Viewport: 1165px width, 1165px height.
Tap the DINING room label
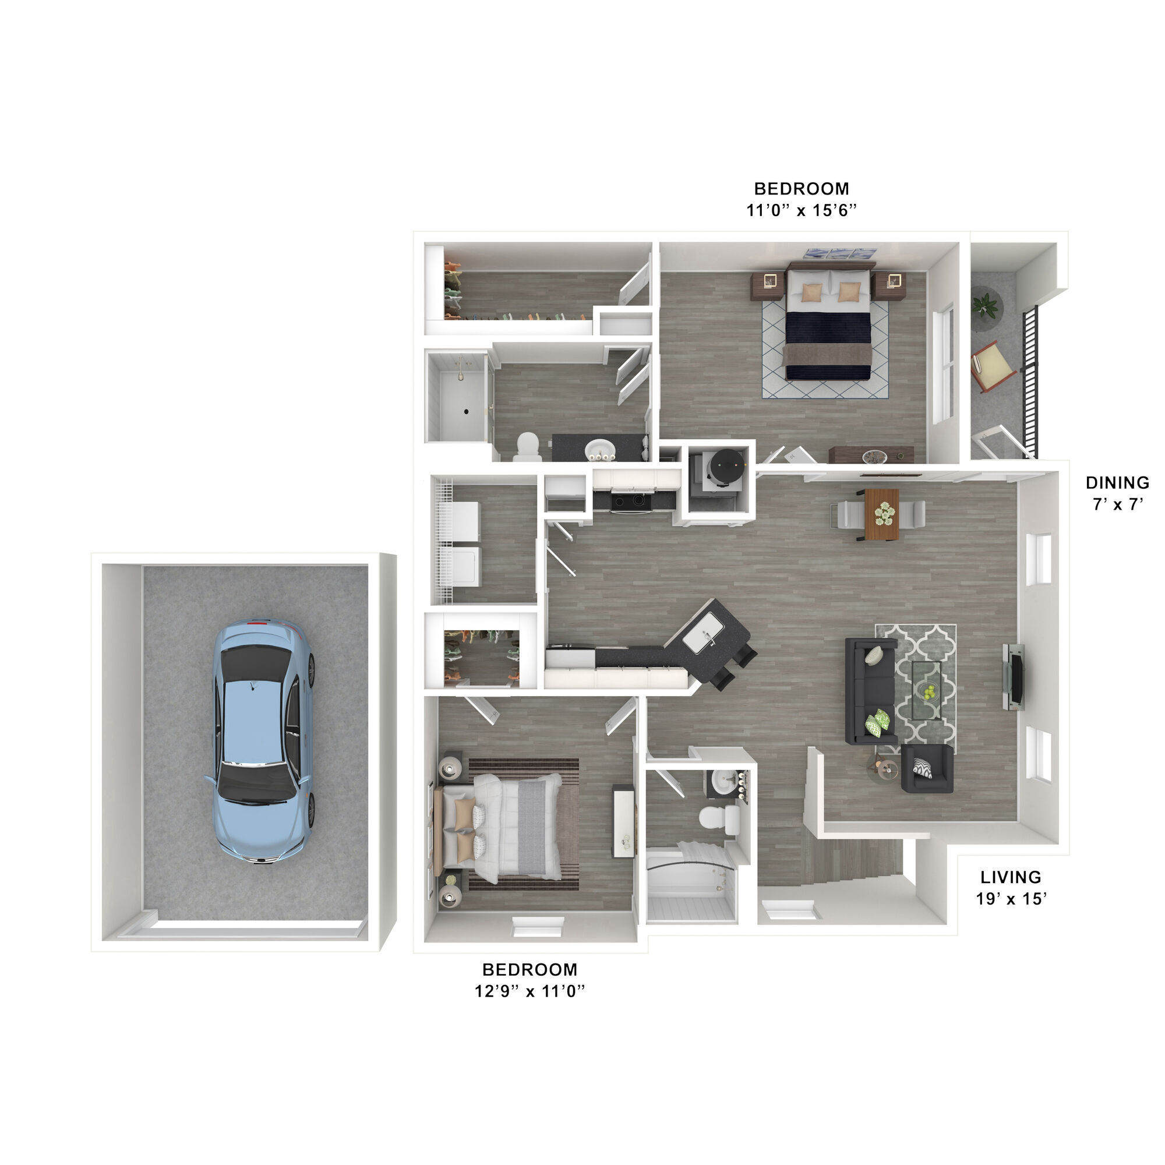tap(1117, 482)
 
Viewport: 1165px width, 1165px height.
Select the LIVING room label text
tap(1011, 877)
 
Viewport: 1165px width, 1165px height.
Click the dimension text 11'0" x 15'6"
tap(801, 210)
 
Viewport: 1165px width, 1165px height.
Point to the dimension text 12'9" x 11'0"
tap(529, 991)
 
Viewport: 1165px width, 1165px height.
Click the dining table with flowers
tap(881, 514)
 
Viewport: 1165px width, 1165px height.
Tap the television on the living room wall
tap(1014, 675)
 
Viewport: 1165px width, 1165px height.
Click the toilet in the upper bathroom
tap(529, 446)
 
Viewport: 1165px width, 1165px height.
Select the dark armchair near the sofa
tap(927, 768)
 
